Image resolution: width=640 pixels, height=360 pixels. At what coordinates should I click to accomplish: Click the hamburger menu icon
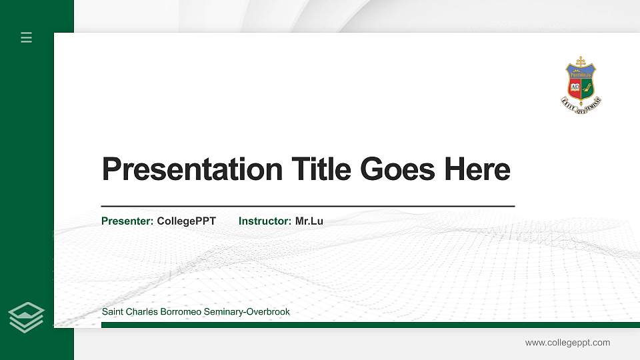[x=27, y=37]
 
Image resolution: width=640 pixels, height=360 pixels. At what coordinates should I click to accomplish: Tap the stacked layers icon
[x=27, y=317]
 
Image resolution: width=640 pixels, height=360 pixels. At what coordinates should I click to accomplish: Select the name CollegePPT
[x=187, y=221]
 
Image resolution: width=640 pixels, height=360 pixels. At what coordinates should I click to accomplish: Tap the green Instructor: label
[x=265, y=221]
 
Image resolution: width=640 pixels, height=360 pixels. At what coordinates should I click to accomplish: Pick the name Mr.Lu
[x=309, y=221]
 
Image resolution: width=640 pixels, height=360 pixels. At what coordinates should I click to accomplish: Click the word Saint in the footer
[x=113, y=312]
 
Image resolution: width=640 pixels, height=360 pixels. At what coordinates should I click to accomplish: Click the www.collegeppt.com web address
[x=567, y=343]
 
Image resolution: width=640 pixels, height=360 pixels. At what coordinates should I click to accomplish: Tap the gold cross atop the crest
[x=581, y=61]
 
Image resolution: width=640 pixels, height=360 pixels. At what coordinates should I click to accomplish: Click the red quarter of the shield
[x=573, y=87]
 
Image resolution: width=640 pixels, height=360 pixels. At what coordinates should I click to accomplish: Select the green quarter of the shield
[x=588, y=87]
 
